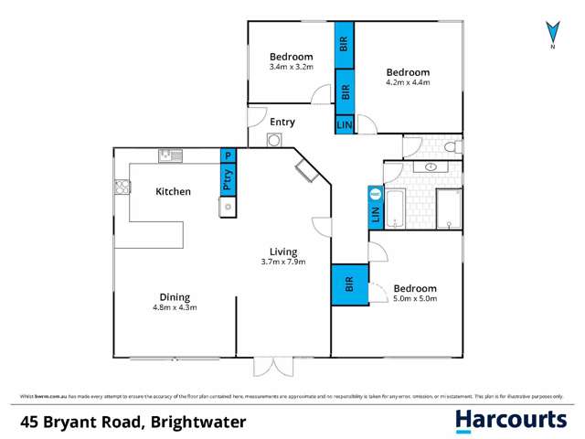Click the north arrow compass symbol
pos(551,32)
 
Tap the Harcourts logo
pos(511,420)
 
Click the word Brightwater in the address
pos(177,420)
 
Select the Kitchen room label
pos(173,192)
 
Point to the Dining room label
pos(174,296)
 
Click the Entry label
pos(282,122)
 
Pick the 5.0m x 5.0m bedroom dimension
pos(416,298)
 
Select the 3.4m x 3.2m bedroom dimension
pos(291,67)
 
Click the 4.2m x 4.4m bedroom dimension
pos(408,82)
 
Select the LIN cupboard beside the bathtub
pos(375,213)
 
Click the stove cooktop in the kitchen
pos(121,187)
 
